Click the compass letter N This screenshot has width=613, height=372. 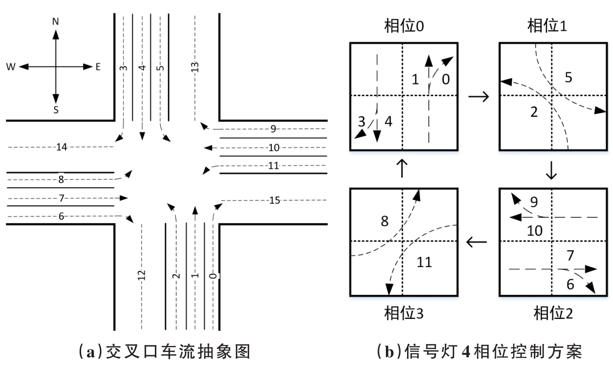pos(56,22)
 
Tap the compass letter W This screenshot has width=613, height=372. pos(10,67)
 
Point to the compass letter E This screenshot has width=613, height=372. pos(98,67)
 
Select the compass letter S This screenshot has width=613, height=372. pos(56,110)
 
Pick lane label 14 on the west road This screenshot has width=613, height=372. pos(61,146)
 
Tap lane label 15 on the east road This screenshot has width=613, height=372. pos(275,200)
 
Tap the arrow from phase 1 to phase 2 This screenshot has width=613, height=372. pos(552,170)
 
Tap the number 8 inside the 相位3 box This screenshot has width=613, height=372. pos(384,221)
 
